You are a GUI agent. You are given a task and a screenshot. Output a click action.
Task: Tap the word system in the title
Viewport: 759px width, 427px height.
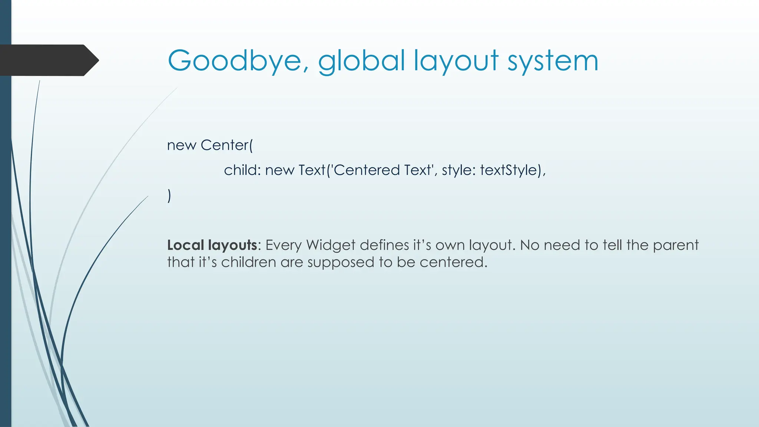[x=553, y=61]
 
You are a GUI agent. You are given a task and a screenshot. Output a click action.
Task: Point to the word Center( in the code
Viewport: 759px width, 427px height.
[x=226, y=145]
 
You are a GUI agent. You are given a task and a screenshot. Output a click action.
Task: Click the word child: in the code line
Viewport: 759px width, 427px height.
[x=242, y=170]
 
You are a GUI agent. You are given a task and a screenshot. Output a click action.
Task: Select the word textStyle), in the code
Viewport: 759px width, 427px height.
[x=513, y=170]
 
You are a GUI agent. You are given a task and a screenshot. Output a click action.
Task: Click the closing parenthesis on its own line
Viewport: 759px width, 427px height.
[x=169, y=195]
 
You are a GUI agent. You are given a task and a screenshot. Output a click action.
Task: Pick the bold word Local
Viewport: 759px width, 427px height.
[x=185, y=245]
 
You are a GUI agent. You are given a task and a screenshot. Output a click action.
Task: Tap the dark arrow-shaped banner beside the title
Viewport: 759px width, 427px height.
[x=48, y=60]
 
